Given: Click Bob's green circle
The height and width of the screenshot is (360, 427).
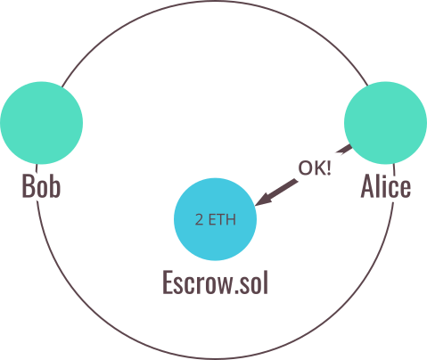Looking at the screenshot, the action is tap(41, 123).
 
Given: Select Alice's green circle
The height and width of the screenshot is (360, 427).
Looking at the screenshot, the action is tap(385, 123).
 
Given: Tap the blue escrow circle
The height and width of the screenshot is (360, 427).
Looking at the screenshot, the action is tap(215, 219).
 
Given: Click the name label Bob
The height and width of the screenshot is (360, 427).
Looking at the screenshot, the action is tap(41, 186).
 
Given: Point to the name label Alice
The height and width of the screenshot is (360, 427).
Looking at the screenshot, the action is tap(386, 185).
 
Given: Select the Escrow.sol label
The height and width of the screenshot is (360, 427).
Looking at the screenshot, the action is tap(215, 282).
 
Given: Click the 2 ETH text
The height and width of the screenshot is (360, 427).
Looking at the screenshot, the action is tap(216, 220).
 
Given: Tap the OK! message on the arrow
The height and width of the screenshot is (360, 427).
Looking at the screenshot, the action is tap(315, 168).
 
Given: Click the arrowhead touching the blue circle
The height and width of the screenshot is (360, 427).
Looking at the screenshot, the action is tap(264, 199).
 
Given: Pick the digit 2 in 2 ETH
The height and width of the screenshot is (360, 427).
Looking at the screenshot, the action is tap(199, 220).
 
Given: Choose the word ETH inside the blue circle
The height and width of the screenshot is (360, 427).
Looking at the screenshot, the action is tap(222, 220).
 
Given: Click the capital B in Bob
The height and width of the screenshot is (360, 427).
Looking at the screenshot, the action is tap(28, 186).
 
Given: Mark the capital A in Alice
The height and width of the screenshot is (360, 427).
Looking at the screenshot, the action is tap(367, 185).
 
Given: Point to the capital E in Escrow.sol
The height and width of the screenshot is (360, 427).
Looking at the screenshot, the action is tap(168, 282).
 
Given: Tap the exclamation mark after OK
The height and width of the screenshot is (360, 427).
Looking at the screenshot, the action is tap(329, 168).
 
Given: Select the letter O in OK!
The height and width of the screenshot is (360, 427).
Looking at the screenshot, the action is tap(305, 168).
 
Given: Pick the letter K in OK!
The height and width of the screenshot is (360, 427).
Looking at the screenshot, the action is tap(319, 168).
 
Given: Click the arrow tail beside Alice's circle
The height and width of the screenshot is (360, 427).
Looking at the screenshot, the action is tap(344, 150).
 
